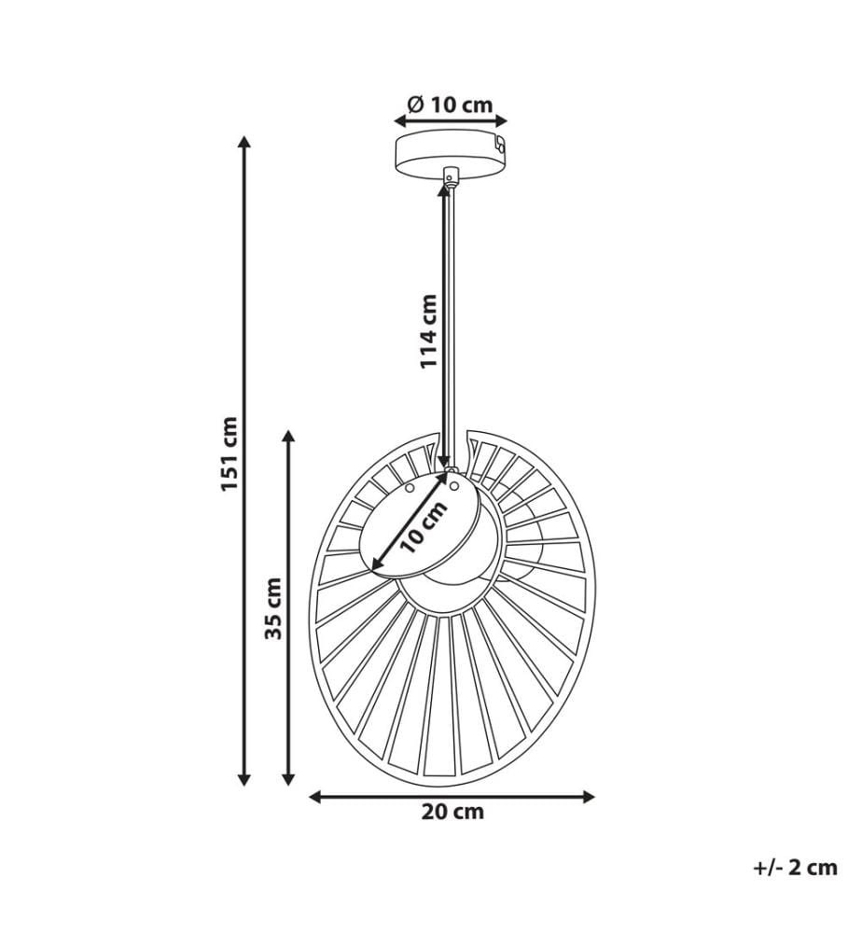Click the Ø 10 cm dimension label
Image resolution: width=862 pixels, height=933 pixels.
451,104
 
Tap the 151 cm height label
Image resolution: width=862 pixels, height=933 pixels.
229,454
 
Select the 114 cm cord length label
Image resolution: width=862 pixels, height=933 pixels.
428,331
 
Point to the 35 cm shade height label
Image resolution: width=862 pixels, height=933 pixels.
273,607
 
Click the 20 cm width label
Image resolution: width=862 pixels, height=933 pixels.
452,812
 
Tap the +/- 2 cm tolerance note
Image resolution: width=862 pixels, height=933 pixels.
796,868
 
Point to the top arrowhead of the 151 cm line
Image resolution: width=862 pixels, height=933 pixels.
243,142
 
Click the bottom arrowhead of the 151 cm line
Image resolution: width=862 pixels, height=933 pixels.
243,779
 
